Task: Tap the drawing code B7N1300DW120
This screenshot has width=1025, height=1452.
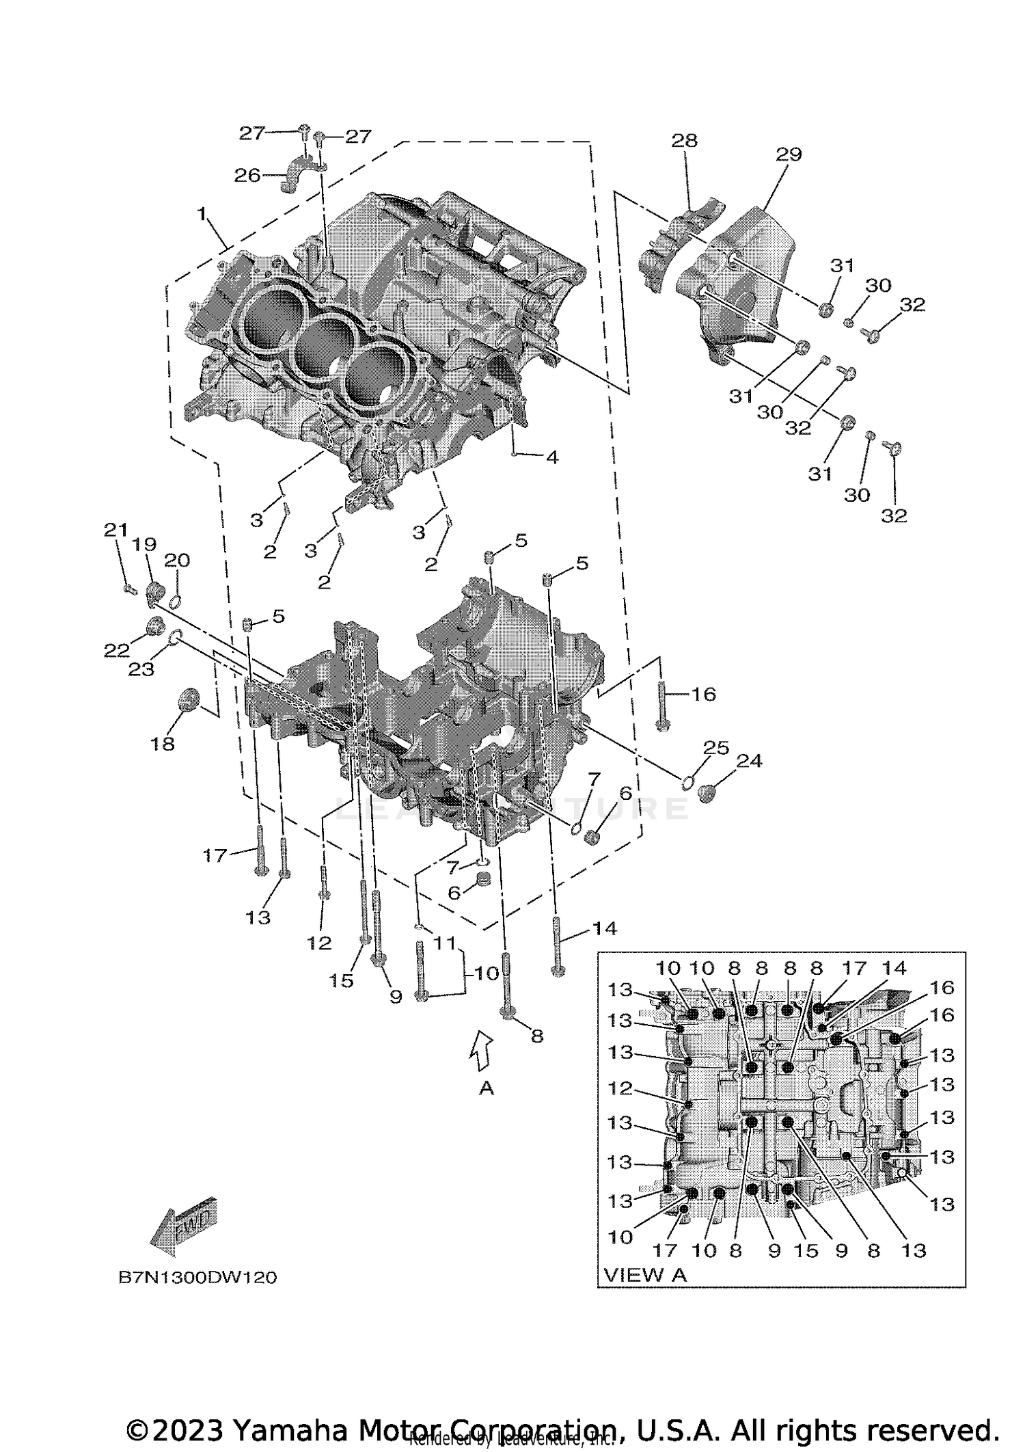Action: click(x=197, y=1277)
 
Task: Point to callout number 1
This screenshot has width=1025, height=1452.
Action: click(x=202, y=215)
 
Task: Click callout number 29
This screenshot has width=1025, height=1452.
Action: click(x=789, y=154)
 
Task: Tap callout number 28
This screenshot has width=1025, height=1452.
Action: click(x=684, y=140)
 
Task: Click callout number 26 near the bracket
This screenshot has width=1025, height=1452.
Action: click(x=247, y=176)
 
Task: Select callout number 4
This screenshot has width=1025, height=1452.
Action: click(x=551, y=457)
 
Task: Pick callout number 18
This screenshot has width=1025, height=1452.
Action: click(x=163, y=744)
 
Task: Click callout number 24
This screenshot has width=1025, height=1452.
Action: click(x=749, y=761)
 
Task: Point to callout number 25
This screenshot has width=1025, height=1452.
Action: click(x=717, y=747)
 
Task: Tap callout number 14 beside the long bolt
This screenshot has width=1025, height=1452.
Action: click(x=604, y=928)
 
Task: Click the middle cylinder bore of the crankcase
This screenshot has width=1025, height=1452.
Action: click(x=321, y=345)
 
